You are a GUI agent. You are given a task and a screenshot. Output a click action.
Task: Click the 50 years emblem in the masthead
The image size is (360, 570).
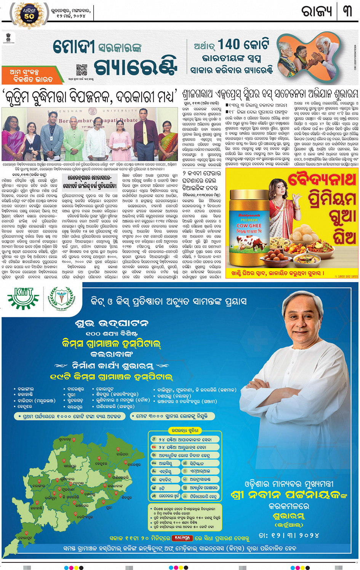tap(29, 16)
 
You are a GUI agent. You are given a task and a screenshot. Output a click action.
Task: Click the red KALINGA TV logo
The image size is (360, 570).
tap(182, 538)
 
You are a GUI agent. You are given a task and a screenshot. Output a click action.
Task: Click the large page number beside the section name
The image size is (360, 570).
tap(347, 11)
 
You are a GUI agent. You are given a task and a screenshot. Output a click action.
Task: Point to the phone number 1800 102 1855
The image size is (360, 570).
tap(346, 276)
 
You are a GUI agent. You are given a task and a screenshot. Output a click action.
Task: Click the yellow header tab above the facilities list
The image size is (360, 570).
tap(185, 431)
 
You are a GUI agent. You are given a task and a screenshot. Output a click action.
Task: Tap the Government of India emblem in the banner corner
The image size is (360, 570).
tap(8, 38)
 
